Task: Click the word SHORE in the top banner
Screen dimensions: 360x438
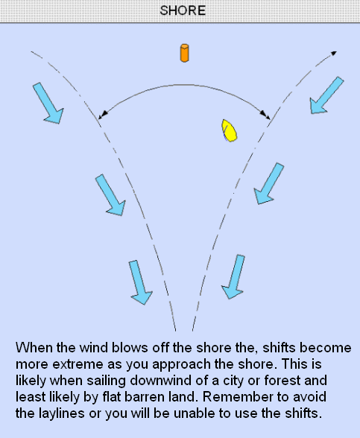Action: (183, 10)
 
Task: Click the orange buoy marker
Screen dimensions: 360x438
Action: (185, 53)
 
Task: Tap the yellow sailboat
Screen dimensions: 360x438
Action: (230, 130)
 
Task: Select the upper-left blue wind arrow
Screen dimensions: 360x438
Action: (48, 103)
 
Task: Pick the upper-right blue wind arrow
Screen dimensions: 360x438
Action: (326, 95)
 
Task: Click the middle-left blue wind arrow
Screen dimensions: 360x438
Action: (110, 194)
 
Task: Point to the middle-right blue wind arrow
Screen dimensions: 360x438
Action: (269, 183)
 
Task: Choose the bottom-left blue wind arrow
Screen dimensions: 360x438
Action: (141, 282)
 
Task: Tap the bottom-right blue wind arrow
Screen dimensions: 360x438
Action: (233, 276)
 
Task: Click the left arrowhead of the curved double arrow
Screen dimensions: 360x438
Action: (103, 115)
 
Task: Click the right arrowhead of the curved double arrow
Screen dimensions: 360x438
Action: (265, 115)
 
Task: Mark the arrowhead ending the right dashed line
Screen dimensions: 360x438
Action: (334, 53)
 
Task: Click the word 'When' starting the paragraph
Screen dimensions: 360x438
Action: (34, 348)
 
